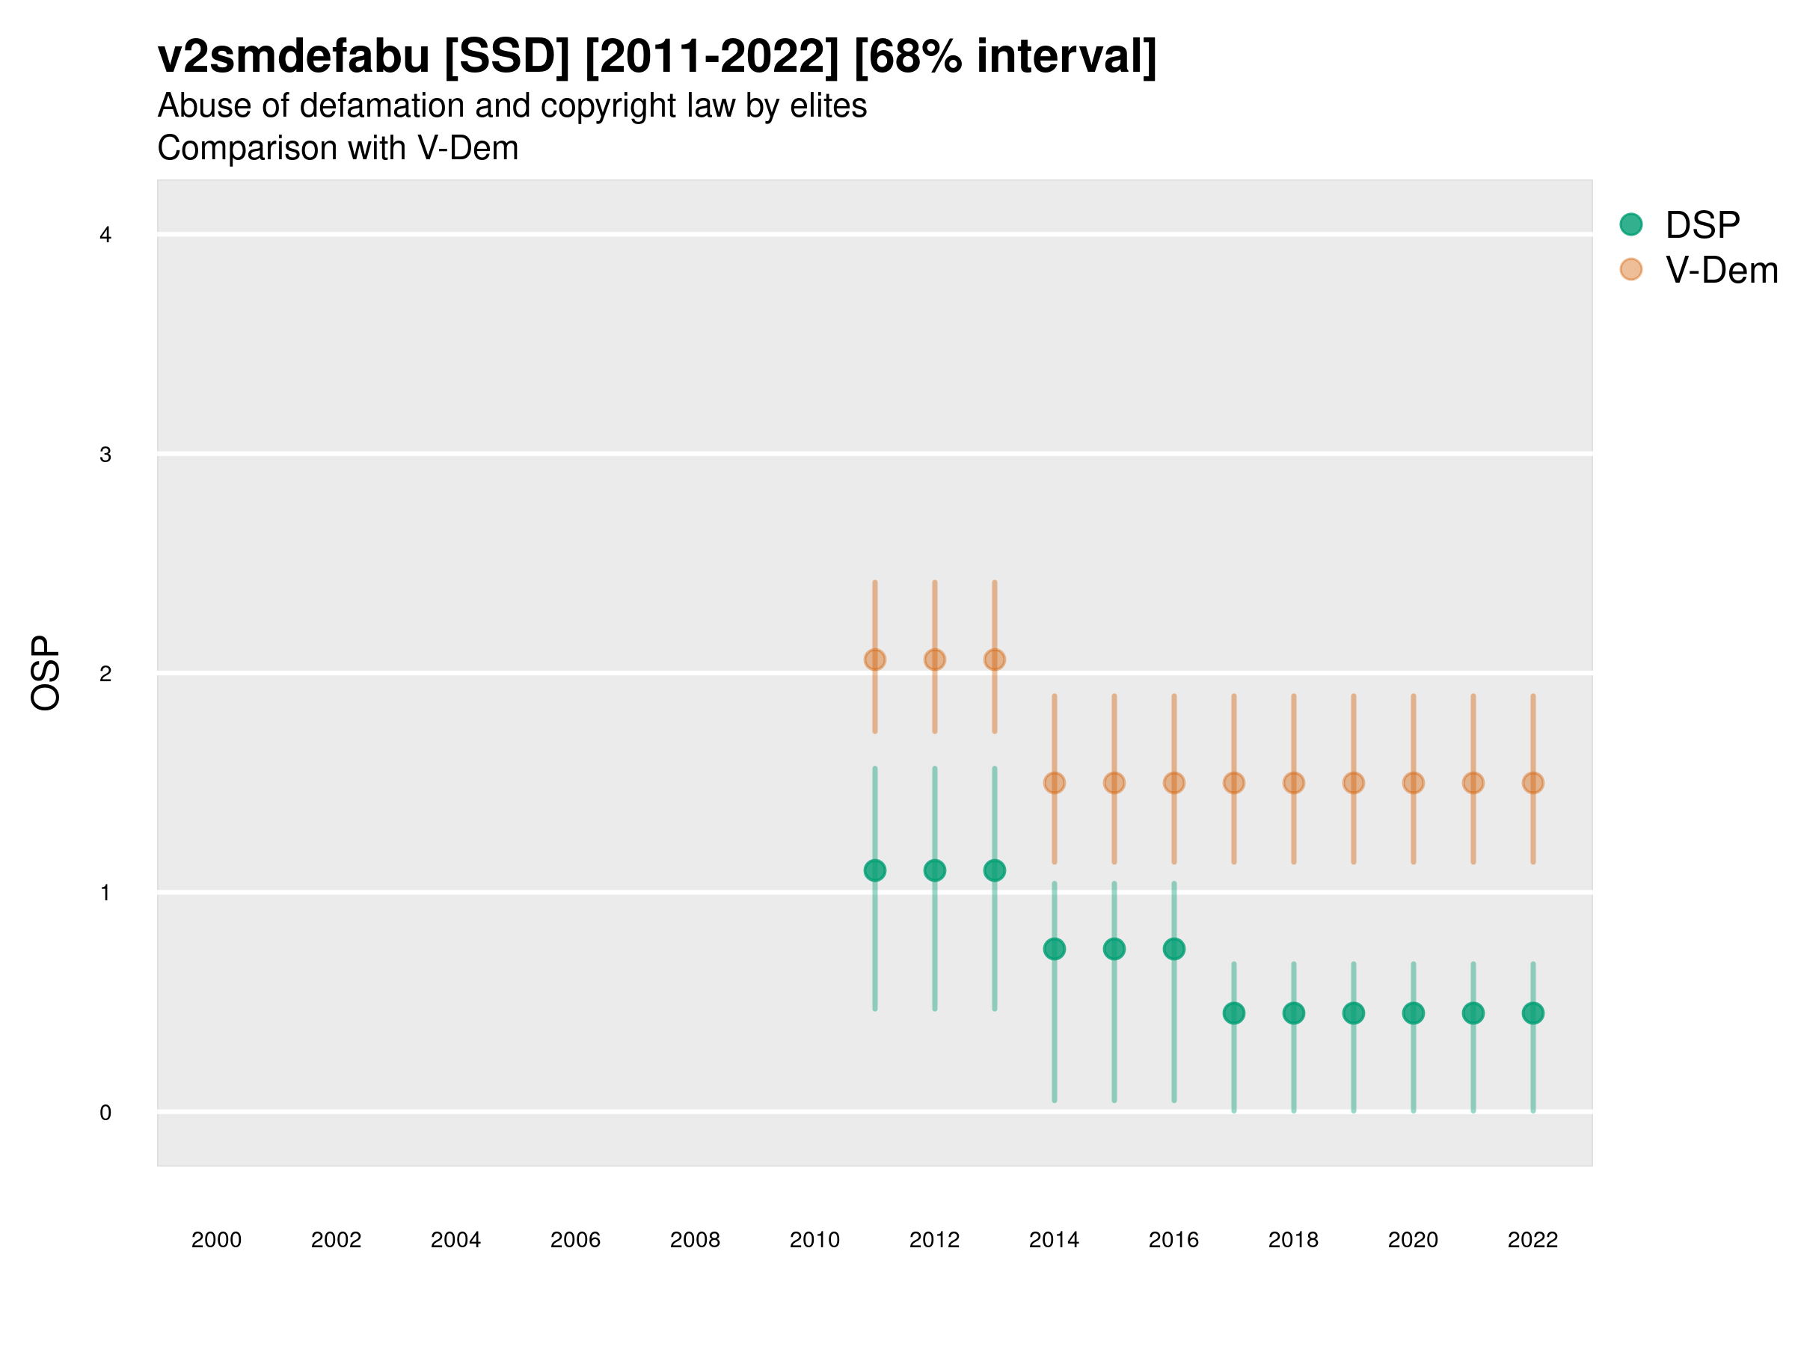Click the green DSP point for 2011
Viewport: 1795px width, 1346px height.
pos(875,870)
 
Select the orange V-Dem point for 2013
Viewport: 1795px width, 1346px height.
pos(994,660)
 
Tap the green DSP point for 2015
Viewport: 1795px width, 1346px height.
pos(1114,948)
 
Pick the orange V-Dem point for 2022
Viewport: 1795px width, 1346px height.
pos(1533,783)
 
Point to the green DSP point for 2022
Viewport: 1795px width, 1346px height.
pos(1533,1013)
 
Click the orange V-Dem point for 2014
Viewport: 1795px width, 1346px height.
pos(1054,783)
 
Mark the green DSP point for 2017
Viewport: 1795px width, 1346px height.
pos(1233,1013)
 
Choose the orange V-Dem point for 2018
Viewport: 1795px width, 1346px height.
pos(1293,783)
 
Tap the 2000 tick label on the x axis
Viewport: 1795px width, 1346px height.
pos(216,1240)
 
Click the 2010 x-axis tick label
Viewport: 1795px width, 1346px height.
pos(814,1240)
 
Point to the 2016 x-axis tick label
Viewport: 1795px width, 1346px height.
pos(1173,1240)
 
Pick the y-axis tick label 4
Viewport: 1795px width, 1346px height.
pos(105,236)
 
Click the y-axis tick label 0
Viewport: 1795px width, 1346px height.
pos(105,1113)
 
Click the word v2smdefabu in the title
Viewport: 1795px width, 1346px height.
pos(293,57)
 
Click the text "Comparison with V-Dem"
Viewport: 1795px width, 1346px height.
pos(337,149)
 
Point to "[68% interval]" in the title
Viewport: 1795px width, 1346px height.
pos(1005,57)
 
